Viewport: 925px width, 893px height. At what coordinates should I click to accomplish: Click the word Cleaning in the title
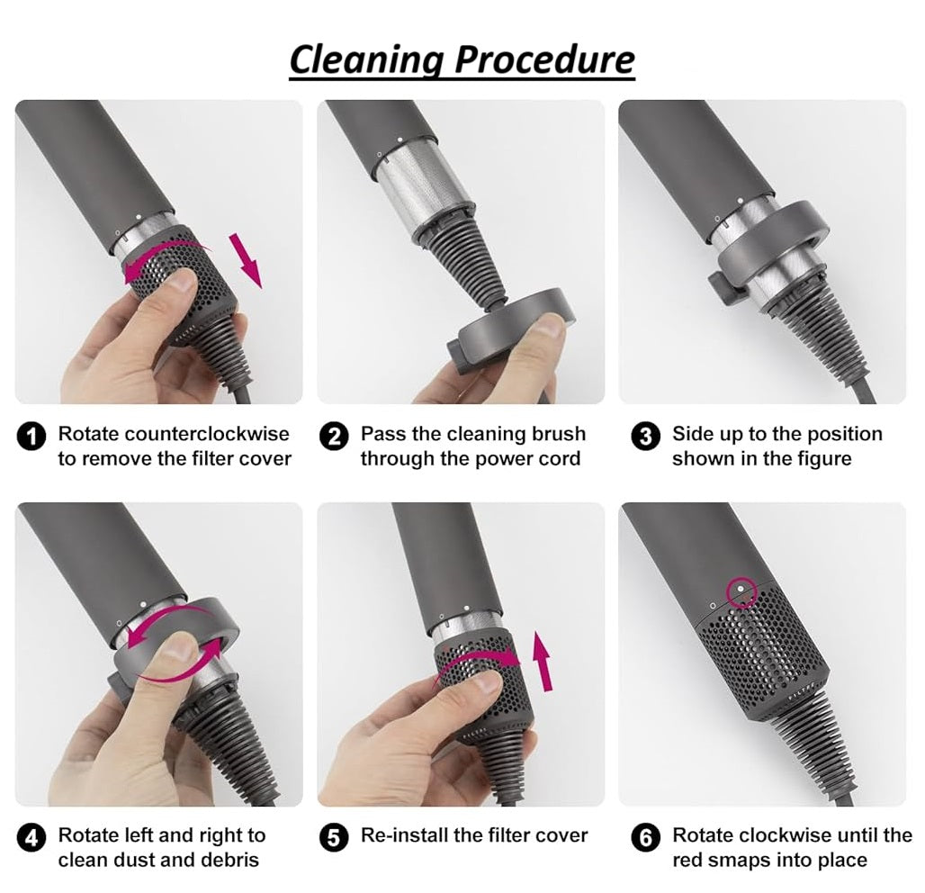(366, 60)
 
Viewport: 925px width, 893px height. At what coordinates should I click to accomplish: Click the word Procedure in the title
(544, 59)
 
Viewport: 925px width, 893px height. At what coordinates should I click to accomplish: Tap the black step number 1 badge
(31, 437)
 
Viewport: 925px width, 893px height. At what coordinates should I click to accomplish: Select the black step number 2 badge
(334, 437)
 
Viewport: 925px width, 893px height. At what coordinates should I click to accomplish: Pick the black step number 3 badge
(645, 437)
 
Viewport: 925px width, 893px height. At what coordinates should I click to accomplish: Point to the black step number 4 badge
(31, 838)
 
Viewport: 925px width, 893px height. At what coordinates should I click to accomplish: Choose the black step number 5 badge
(334, 838)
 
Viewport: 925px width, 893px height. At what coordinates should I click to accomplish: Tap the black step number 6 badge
(645, 838)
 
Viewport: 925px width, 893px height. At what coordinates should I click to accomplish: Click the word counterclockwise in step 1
(207, 434)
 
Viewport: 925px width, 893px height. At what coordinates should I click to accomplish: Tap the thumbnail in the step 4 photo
(179, 651)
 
